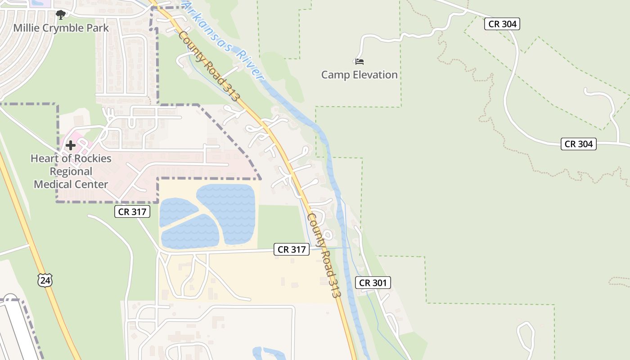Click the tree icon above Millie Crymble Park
click(x=61, y=15)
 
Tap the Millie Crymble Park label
click(x=61, y=28)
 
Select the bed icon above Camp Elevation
click(x=359, y=61)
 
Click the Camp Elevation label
click(x=359, y=75)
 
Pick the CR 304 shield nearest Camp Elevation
click(x=502, y=24)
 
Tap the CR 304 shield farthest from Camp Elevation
click(x=578, y=144)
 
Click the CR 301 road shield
click(x=373, y=283)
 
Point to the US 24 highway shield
click(x=45, y=280)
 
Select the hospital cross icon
click(x=71, y=145)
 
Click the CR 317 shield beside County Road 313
click(x=292, y=249)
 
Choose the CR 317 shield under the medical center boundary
click(x=132, y=211)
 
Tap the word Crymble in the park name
click(x=61, y=28)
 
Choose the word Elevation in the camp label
click(x=375, y=75)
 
